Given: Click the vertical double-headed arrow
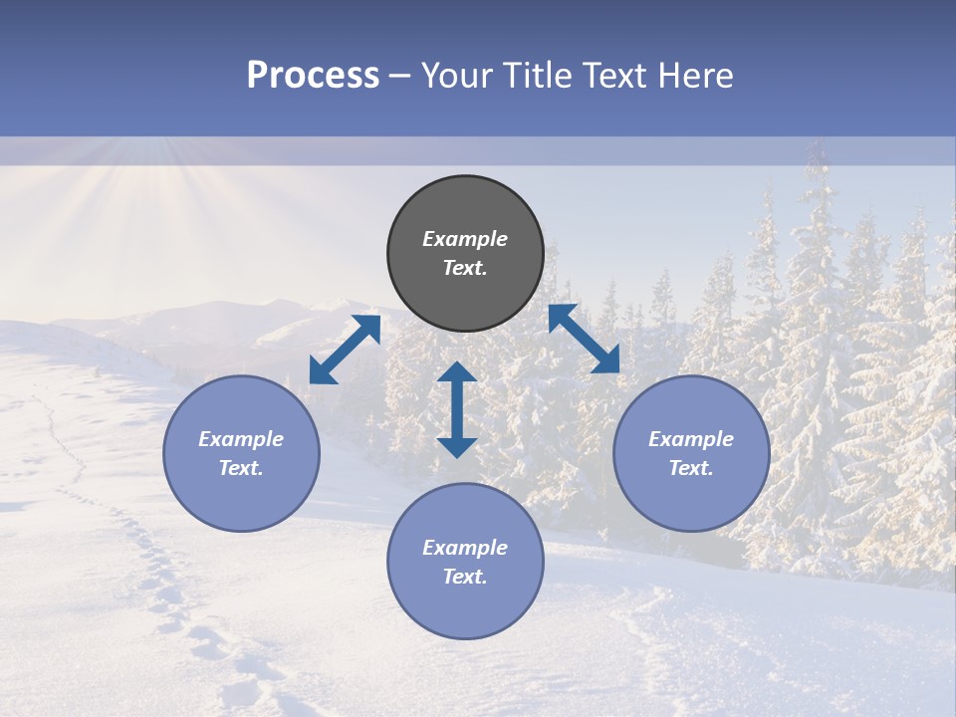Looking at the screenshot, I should tap(457, 409).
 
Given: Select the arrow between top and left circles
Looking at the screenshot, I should tap(345, 350).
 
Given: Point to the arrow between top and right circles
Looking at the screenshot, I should tap(584, 339).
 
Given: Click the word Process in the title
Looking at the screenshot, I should tap(313, 75).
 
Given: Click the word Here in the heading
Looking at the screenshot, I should tap(696, 75).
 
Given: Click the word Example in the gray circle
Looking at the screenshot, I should tap(465, 239).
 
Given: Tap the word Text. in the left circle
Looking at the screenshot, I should tap(241, 468).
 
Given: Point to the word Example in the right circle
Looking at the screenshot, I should tap(691, 439).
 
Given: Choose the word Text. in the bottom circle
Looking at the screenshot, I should tap(465, 577).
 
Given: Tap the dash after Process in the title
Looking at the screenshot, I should tap(399, 77).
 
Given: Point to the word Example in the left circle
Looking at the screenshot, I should tap(241, 439).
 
